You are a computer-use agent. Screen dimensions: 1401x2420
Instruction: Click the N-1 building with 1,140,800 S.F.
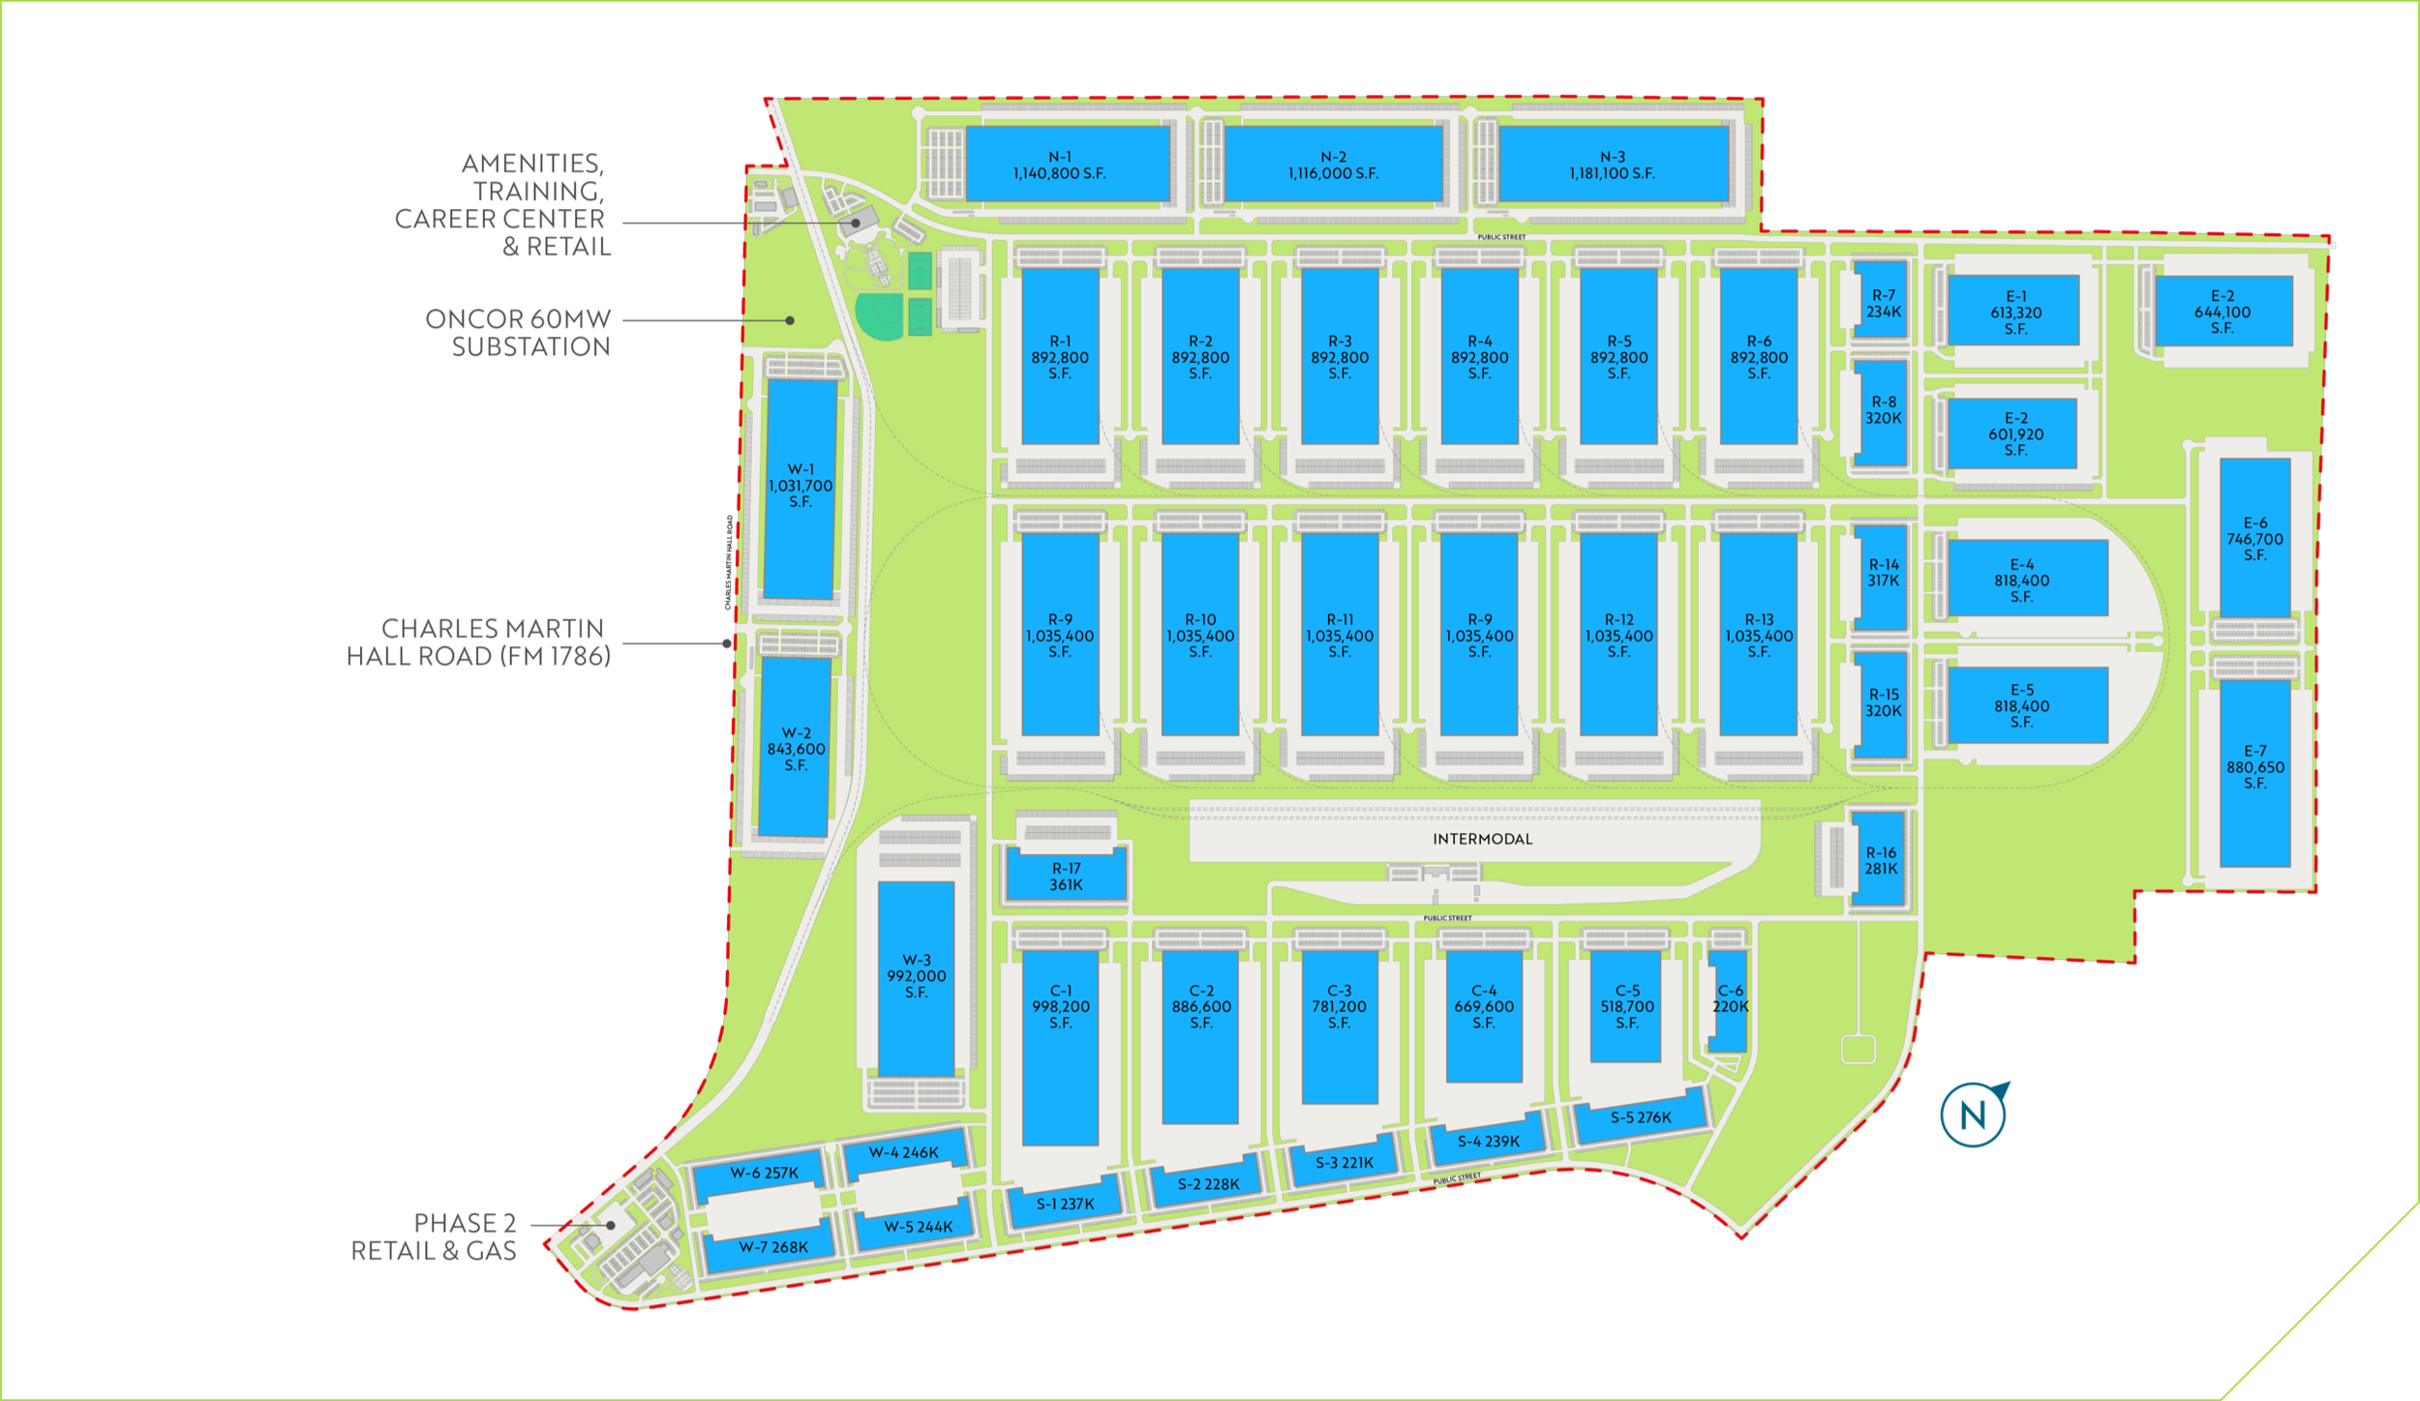pos(1067,164)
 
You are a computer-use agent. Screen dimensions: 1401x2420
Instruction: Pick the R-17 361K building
pos(1066,876)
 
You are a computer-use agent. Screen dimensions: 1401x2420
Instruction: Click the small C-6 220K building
pos(1727,1000)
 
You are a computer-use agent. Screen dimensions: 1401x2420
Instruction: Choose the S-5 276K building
pos(1640,1118)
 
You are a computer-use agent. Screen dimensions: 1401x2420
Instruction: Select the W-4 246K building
pos(903,1152)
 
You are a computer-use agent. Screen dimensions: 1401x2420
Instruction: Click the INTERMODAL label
pos(1482,839)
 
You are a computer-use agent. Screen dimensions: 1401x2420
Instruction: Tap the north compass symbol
pos(1974,1115)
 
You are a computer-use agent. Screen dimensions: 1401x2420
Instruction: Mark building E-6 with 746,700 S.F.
pos(2254,538)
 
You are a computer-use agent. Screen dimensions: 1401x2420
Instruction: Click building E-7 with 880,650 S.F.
pos(2254,769)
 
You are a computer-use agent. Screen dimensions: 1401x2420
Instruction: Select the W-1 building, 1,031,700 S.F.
pos(800,487)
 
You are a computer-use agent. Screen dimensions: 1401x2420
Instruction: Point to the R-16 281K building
pos(1880,860)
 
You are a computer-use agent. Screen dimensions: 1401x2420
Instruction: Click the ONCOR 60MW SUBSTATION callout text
pos(518,333)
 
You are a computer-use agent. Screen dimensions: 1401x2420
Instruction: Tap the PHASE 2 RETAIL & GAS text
pos(434,1237)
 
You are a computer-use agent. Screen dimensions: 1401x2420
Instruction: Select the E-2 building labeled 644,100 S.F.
pos(2223,312)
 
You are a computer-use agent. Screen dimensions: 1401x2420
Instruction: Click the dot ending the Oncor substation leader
pos(790,320)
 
